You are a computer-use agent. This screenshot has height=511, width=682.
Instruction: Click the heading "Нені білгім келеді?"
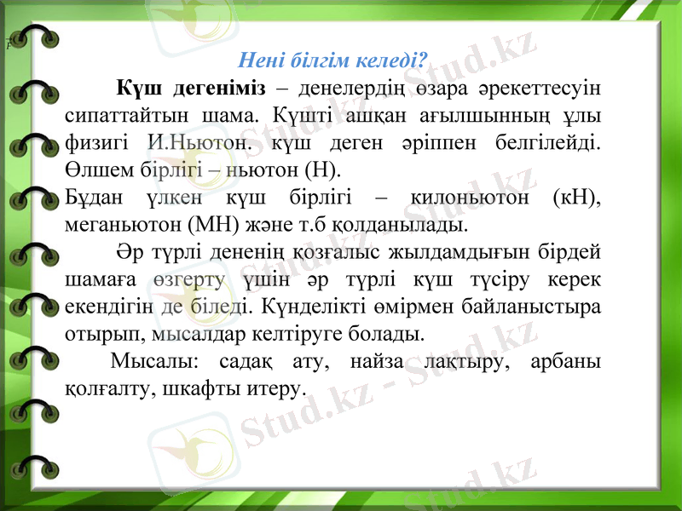click(x=332, y=60)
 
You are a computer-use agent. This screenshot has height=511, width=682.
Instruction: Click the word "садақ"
click(x=246, y=360)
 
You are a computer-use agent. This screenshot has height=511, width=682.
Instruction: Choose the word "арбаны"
click(x=565, y=360)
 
